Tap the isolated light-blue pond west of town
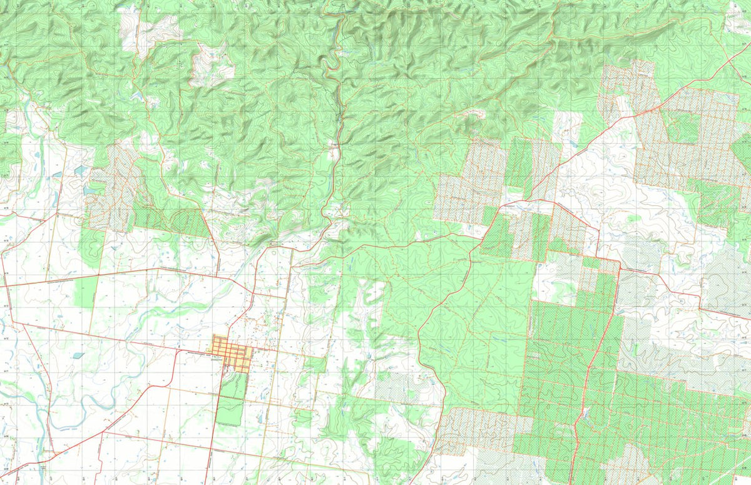[x=78, y=355]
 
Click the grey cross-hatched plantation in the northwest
[x=116, y=185]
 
